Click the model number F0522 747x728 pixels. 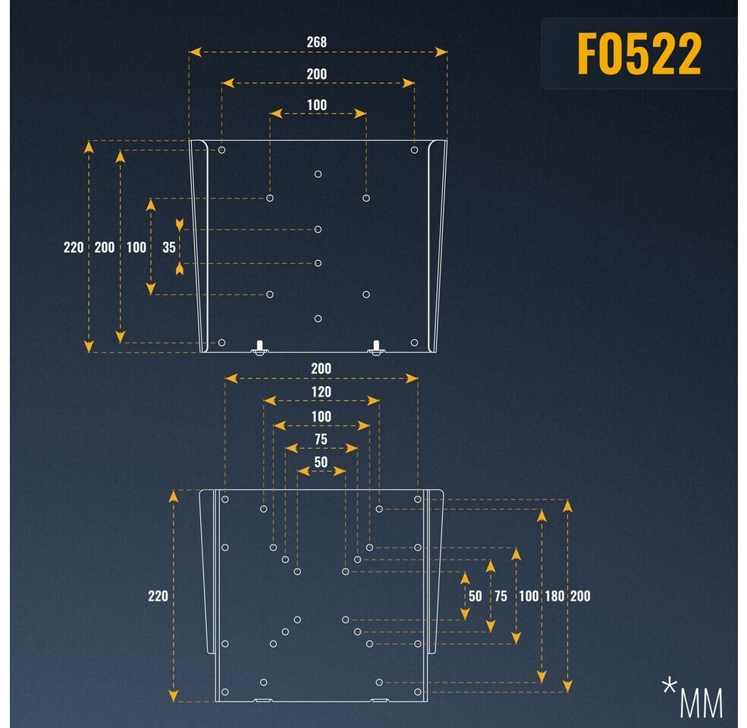639,54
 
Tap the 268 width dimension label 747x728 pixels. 317,42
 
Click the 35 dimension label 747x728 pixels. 169,247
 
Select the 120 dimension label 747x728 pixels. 321,392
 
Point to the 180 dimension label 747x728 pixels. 554,596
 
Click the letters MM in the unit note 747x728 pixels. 701,703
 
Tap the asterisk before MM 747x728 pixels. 668,687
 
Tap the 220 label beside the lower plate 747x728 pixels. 158,596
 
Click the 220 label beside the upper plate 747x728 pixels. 74,247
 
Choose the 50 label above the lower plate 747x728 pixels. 321,463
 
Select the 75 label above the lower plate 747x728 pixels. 321,440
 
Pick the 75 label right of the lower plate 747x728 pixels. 501,596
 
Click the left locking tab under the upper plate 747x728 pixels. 260,347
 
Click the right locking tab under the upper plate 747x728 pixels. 375,347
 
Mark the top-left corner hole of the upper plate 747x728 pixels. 221,150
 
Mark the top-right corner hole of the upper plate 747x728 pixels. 414,150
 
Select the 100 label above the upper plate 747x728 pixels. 317,105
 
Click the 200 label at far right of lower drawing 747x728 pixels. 580,596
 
